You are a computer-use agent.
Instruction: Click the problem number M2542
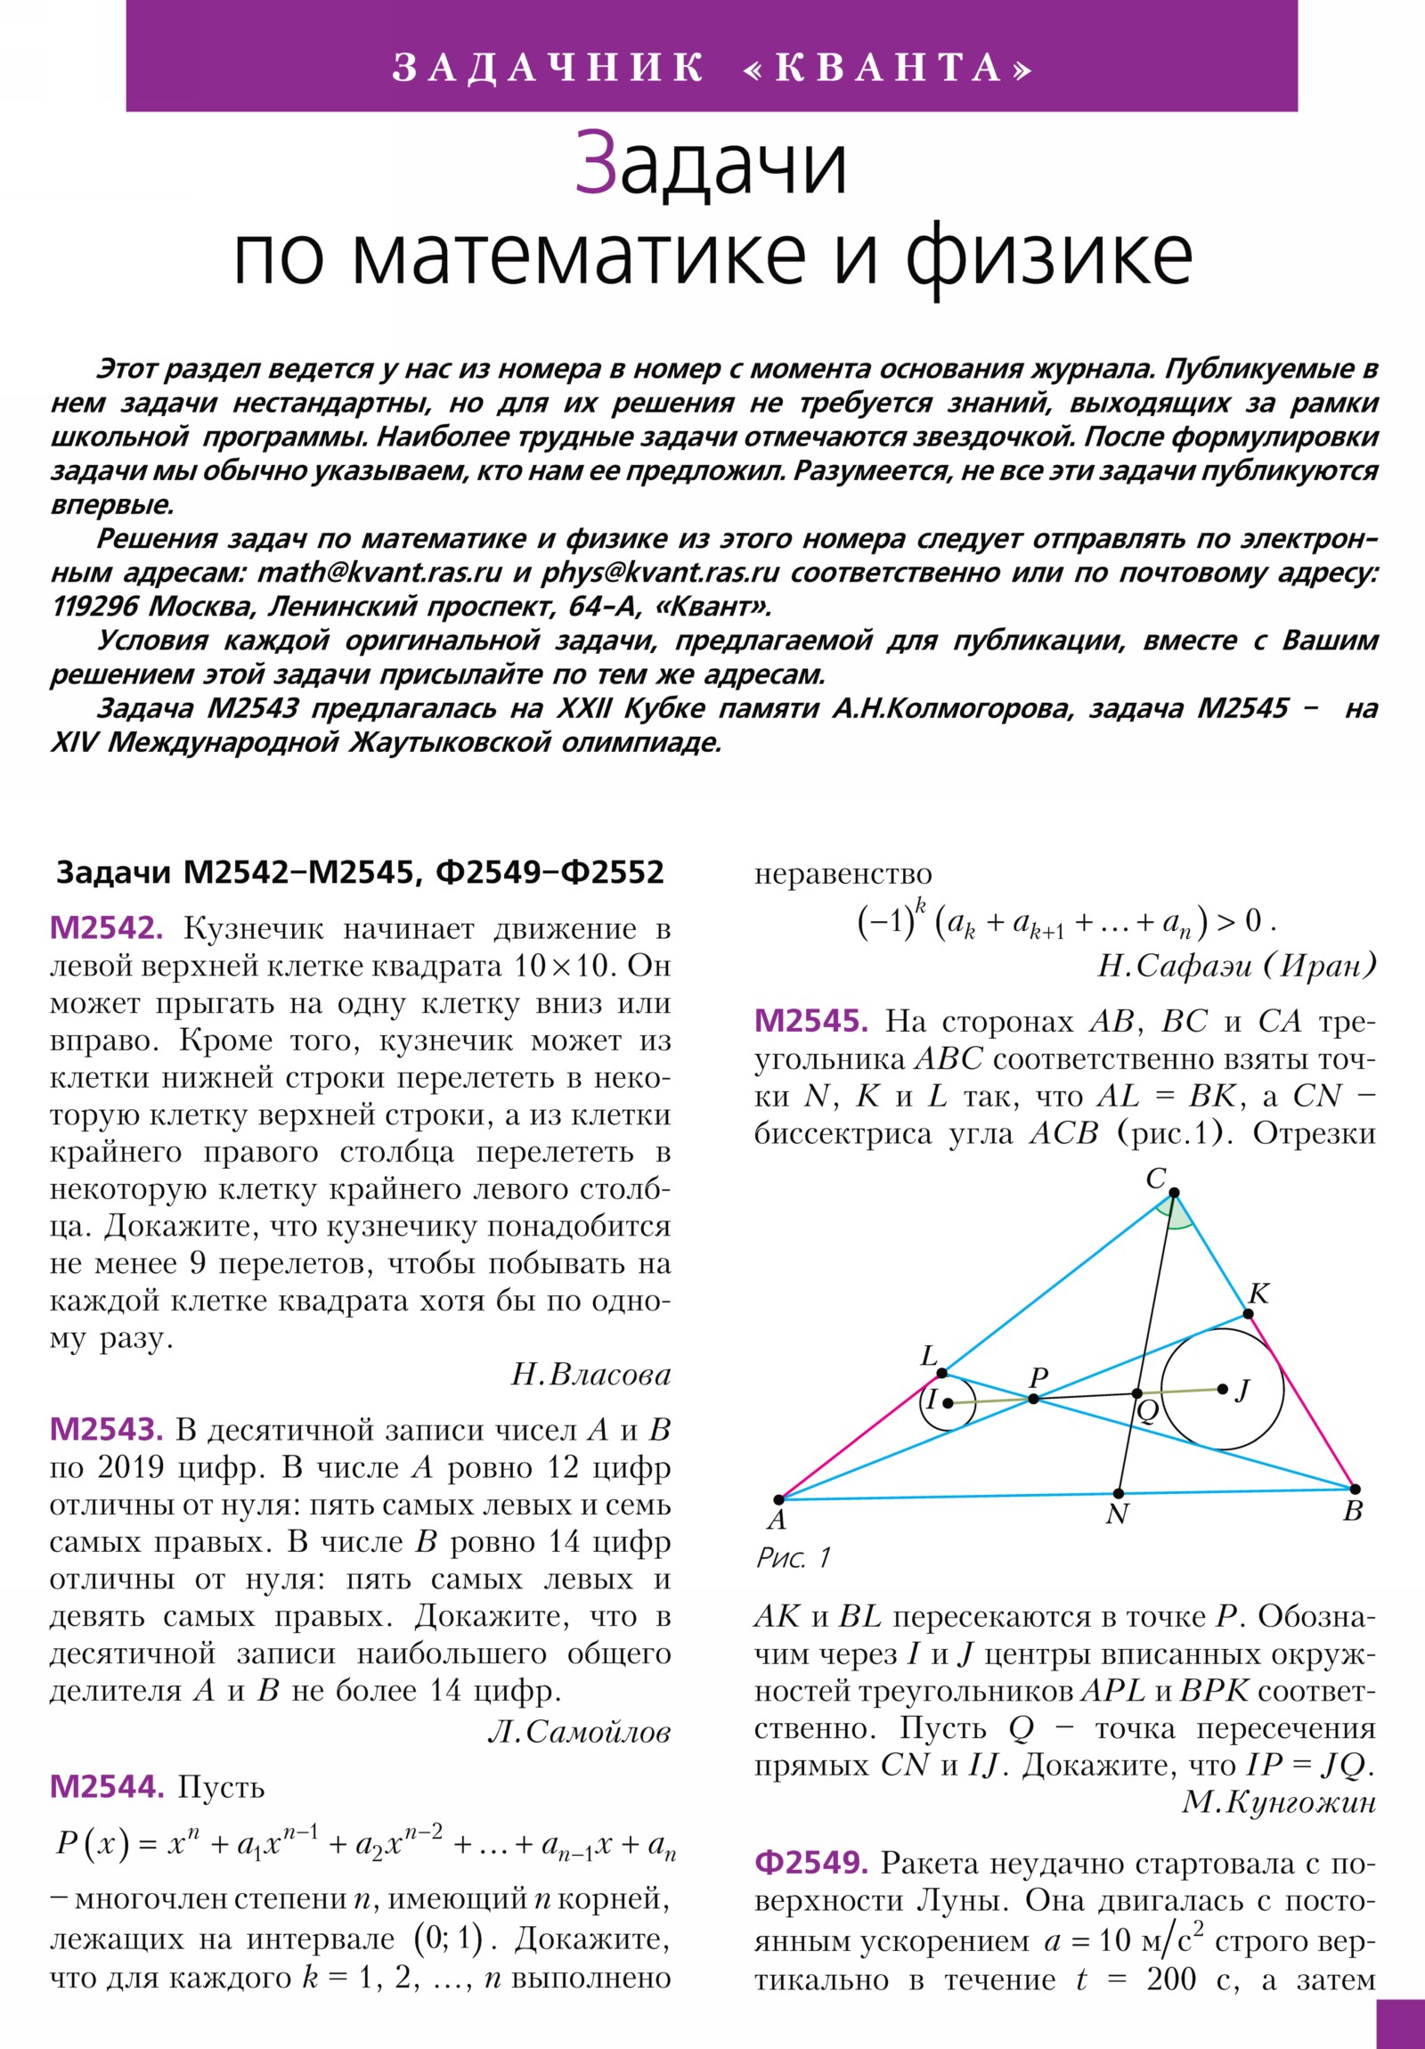[x=106, y=929]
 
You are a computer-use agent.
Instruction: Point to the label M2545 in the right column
[x=810, y=1021]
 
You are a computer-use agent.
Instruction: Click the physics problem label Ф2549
[x=810, y=1864]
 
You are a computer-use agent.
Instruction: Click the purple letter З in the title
[x=595, y=163]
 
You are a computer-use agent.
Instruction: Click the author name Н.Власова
[x=590, y=1375]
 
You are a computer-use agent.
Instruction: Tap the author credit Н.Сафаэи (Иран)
[x=1236, y=965]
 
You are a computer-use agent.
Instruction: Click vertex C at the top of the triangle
[x=1174, y=1192]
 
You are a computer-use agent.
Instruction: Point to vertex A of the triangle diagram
[x=778, y=1499]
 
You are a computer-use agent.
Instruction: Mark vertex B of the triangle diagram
[x=1355, y=1490]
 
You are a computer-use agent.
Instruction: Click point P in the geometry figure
[x=1033, y=1399]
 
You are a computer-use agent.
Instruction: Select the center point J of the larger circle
[x=1223, y=1389]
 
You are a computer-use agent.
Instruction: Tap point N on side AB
[x=1119, y=1493]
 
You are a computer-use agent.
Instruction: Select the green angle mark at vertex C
[x=1175, y=1212]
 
